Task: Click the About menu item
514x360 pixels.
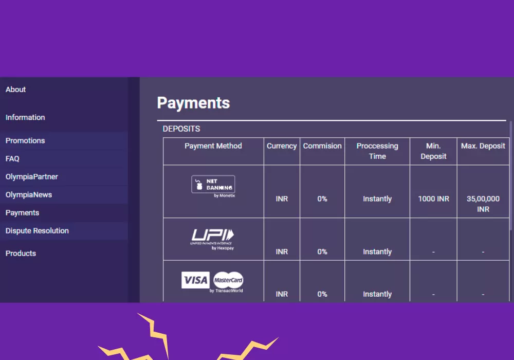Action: [x=16, y=89]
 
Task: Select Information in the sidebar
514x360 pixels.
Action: [x=25, y=117]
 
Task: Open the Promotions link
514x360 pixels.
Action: [x=25, y=140]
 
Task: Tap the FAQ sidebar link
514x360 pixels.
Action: [x=12, y=158]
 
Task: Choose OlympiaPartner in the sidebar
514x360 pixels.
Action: [x=32, y=176]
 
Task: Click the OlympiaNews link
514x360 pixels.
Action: [x=29, y=194]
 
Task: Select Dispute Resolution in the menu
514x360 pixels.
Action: [x=37, y=230]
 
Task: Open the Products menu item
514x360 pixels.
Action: [x=21, y=253]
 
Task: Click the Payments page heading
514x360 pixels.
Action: [x=193, y=103]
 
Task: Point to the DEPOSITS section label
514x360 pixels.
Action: [x=181, y=129]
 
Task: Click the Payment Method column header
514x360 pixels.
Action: [x=213, y=146]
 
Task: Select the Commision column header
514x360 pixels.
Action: [x=322, y=146]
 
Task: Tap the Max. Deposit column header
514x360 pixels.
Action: [x=483, y=146]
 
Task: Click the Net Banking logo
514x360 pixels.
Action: [x=213, y=184]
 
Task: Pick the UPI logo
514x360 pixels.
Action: [x=212, y=237]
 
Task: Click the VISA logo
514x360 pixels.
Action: [x=195, y=280]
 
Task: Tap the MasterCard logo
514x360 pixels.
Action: [x=228, y=280]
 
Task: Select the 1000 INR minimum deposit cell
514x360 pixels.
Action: [x=433, y=199]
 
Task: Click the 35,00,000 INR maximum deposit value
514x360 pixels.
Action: [x=483, y=204]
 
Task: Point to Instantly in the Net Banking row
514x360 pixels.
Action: [x=377, y=199]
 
